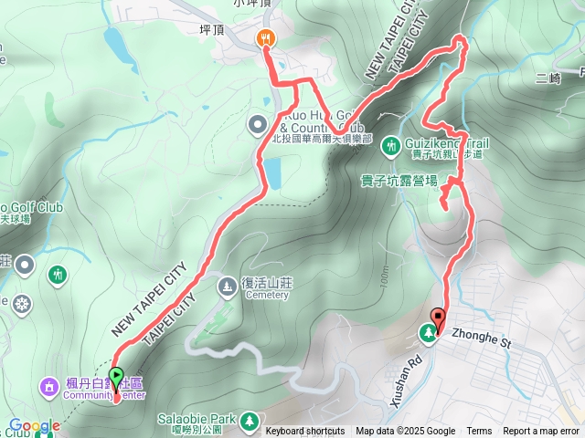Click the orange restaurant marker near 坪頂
point(266,37)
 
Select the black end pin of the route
point(438,320)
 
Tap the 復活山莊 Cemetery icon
point(227,288)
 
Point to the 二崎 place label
point(548,79)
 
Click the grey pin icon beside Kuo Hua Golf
point(258,123)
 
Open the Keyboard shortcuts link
point(305,432)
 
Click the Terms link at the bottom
point(479,432)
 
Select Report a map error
point(542,432)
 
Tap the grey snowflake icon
point(20,301)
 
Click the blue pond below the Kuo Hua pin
point(272,171)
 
